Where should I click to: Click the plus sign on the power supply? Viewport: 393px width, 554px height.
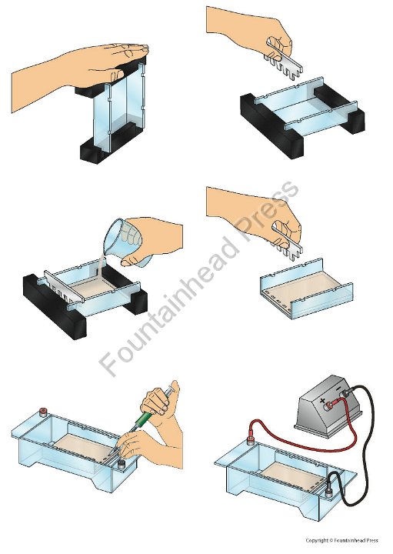(322, 401)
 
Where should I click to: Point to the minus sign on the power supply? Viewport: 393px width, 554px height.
(338, 389)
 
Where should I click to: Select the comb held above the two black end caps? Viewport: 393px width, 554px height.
(283, 60)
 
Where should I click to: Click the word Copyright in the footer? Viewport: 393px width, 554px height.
(316, 540)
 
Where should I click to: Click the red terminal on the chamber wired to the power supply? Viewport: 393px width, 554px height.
(251, 440)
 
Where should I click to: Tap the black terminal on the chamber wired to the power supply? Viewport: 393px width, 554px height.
(328, 492)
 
